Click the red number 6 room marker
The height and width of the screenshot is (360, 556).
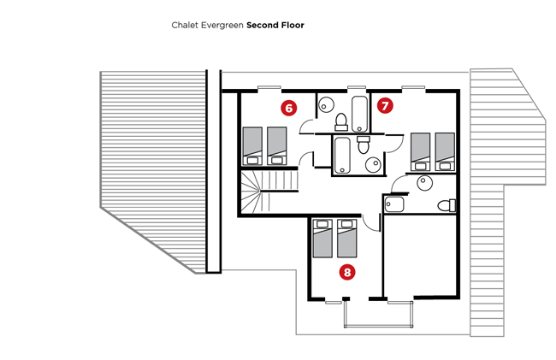(x=288, y=108)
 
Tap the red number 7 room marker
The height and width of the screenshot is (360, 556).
(x=385, y=105)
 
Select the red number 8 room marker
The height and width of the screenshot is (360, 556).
(x=347, y=272)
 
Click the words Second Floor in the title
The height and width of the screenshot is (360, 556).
(x=275, y=25)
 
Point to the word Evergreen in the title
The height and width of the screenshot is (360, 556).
(x=222, y=26)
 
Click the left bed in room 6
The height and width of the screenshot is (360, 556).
(x=252, y=146)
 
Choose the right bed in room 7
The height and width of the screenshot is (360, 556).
(x=445, y=151)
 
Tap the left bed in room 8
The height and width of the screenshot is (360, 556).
(x=322, y=238)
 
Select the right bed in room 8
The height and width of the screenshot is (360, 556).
(x=347, y=238)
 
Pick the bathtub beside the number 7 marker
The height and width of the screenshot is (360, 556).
(x=359, y=114)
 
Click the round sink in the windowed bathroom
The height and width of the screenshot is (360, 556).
(x=326, y=105)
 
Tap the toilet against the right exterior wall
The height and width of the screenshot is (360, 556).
(x=447, y=205)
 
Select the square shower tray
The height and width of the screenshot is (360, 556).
(x=394, y=204)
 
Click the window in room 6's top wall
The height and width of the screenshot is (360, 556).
(x=269, y=87)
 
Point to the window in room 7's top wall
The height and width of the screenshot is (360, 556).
(x=413, y=87)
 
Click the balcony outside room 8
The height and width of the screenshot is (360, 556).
(x=378, y=314)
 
